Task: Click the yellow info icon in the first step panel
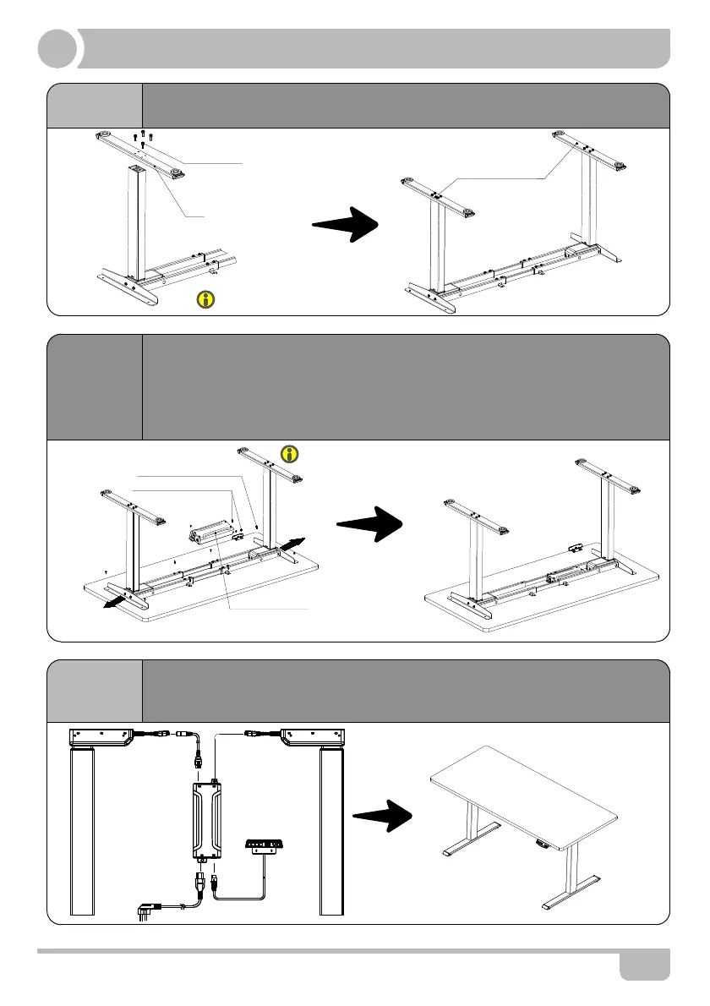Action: click(204, 298)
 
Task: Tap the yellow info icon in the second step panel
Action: click(290, 454)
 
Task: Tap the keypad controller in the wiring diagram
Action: click(265, 846)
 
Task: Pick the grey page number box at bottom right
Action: click(644, 964)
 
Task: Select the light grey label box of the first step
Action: click(95, 106)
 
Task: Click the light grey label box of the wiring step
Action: click(95, 691)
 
